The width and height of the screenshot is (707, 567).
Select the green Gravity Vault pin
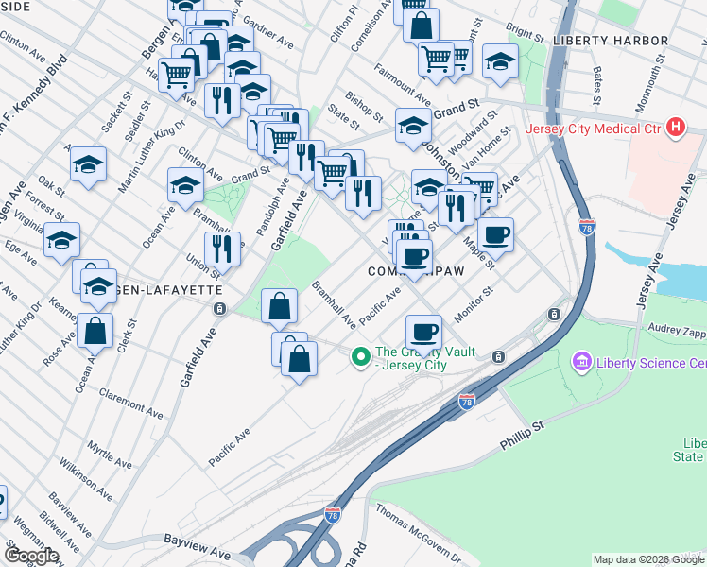pyautogui.click(x=359, y=356)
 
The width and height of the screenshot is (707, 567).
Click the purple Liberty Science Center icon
pyautogui.click(x=581, y=362)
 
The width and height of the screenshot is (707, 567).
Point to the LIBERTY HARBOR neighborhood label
pyautogui.click(x=611, y=41)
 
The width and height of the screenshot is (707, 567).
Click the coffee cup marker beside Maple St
pyautogui.click(x=495, y=234)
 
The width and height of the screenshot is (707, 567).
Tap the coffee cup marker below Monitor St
pyautogui.click(x=423, y=332)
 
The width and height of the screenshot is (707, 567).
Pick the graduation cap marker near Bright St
pyautogui.click(x=500, y=61)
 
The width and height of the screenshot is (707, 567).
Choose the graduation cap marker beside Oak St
pyautogui.click(x=88, y=166)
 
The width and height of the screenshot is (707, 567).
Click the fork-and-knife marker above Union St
pyautogui.click(x=222, y=249)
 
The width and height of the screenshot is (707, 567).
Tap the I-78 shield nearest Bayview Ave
pyautogui.click(x=332, y=515)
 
